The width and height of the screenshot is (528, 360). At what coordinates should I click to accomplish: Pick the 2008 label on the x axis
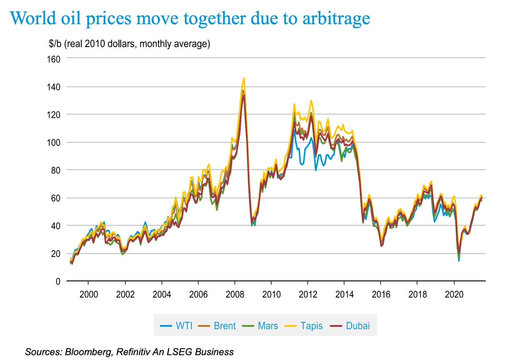point(235,295)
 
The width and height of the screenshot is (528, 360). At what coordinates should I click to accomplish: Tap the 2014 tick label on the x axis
point(344,295)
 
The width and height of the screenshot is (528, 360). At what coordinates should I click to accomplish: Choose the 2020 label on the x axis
point(454,295)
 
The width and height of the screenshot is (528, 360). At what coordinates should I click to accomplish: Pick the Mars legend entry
point(262,325)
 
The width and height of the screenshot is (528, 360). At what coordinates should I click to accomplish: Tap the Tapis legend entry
point(306,325)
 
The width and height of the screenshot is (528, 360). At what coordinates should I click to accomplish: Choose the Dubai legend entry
point(352,325)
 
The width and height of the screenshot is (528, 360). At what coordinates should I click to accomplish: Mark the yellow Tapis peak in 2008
point(244,78)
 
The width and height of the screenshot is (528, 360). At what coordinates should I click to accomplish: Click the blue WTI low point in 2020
point(459,261)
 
